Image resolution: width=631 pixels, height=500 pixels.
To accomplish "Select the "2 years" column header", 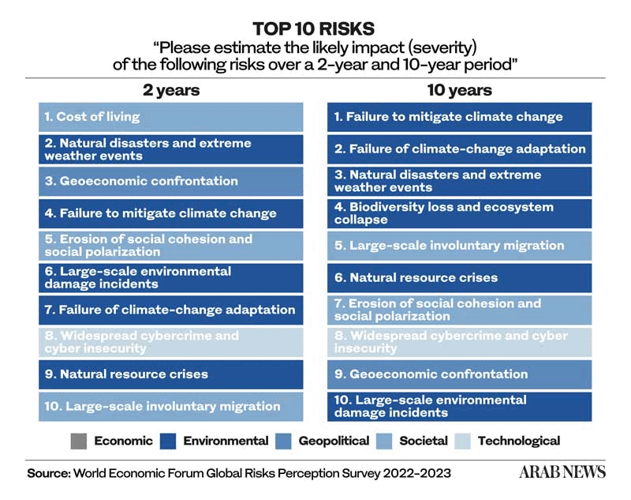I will pos(171,89).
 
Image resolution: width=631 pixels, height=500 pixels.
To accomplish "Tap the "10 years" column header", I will pos(459,89).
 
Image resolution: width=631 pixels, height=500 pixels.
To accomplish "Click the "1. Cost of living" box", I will pos(171,117).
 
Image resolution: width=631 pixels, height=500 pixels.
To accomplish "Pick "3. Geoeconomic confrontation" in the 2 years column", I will pos(171,181).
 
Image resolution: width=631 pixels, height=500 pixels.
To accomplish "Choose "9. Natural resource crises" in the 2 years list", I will pos(171,374).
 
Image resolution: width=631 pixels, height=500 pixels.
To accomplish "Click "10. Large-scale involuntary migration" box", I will pos(171,406).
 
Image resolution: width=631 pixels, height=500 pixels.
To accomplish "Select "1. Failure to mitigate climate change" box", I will pos(459,117).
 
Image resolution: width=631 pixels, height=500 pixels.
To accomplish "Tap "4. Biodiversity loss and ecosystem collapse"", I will pos(459,213).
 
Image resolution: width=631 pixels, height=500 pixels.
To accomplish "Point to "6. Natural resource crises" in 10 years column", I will pos(459,277).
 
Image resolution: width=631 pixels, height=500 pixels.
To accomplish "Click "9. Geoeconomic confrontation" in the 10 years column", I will pos(459,374).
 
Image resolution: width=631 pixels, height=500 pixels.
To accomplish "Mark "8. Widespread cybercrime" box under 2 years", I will pos(171,342).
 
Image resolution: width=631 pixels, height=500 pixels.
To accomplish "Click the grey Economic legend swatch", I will pos(77,442).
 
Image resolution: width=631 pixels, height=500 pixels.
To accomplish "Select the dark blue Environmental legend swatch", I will pos(166,442).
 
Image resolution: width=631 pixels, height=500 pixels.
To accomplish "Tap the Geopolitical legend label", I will pos(334,442).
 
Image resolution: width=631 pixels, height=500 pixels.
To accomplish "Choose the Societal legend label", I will pos(424,442).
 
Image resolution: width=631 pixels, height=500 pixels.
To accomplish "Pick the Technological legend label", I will pos(518,442).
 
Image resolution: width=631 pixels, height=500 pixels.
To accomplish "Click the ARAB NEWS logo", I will pos(562,472).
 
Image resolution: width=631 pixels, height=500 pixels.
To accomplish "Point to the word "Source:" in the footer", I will pos(48,473).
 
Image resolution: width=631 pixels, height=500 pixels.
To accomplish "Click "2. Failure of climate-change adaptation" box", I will pos(459,148).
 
